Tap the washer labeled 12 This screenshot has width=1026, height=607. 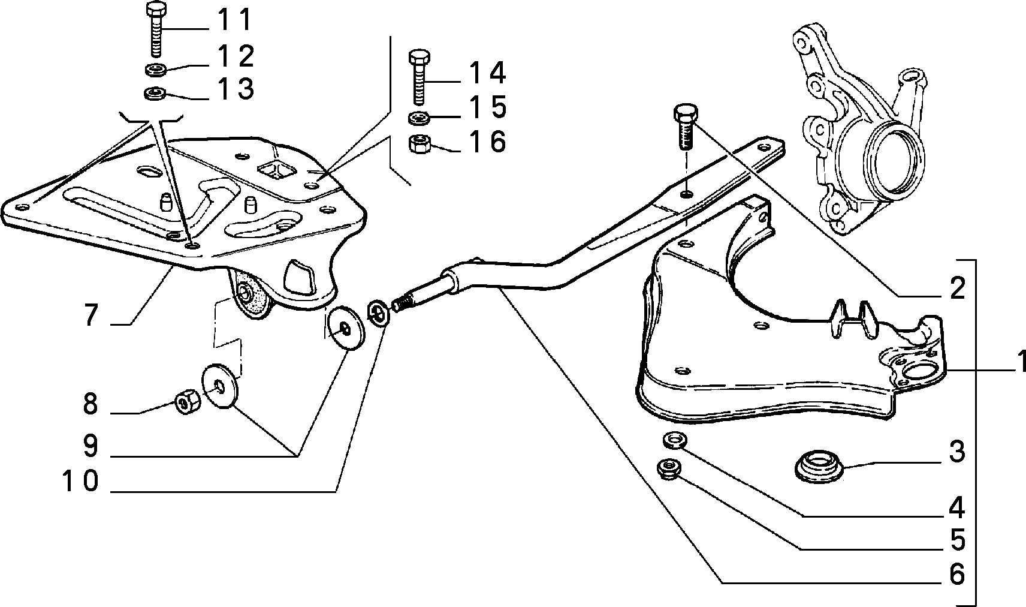pos(156,70)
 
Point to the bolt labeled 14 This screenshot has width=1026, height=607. pos(419,77)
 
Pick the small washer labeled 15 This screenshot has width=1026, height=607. pos(418,118)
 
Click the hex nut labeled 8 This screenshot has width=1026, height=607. pos(187,402)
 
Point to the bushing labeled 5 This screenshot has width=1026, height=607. pos(669,470)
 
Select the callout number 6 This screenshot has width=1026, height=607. pos(957,574)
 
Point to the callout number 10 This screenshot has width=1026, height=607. pos(80,481)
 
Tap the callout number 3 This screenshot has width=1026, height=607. pos(957,451)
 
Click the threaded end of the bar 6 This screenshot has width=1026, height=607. pos(402,304)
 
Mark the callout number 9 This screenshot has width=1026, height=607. pos(91,446)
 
